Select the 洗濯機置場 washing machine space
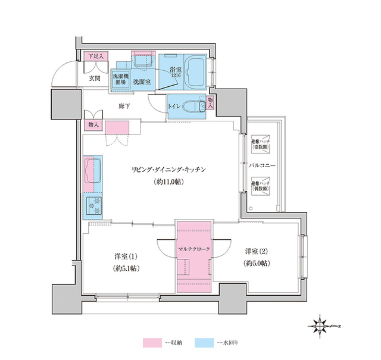120,80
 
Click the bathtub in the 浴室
194,72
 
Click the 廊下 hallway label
124,105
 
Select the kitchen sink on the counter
92,171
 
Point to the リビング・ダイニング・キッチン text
168,170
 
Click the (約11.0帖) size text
168,181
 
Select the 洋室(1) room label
127,256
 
